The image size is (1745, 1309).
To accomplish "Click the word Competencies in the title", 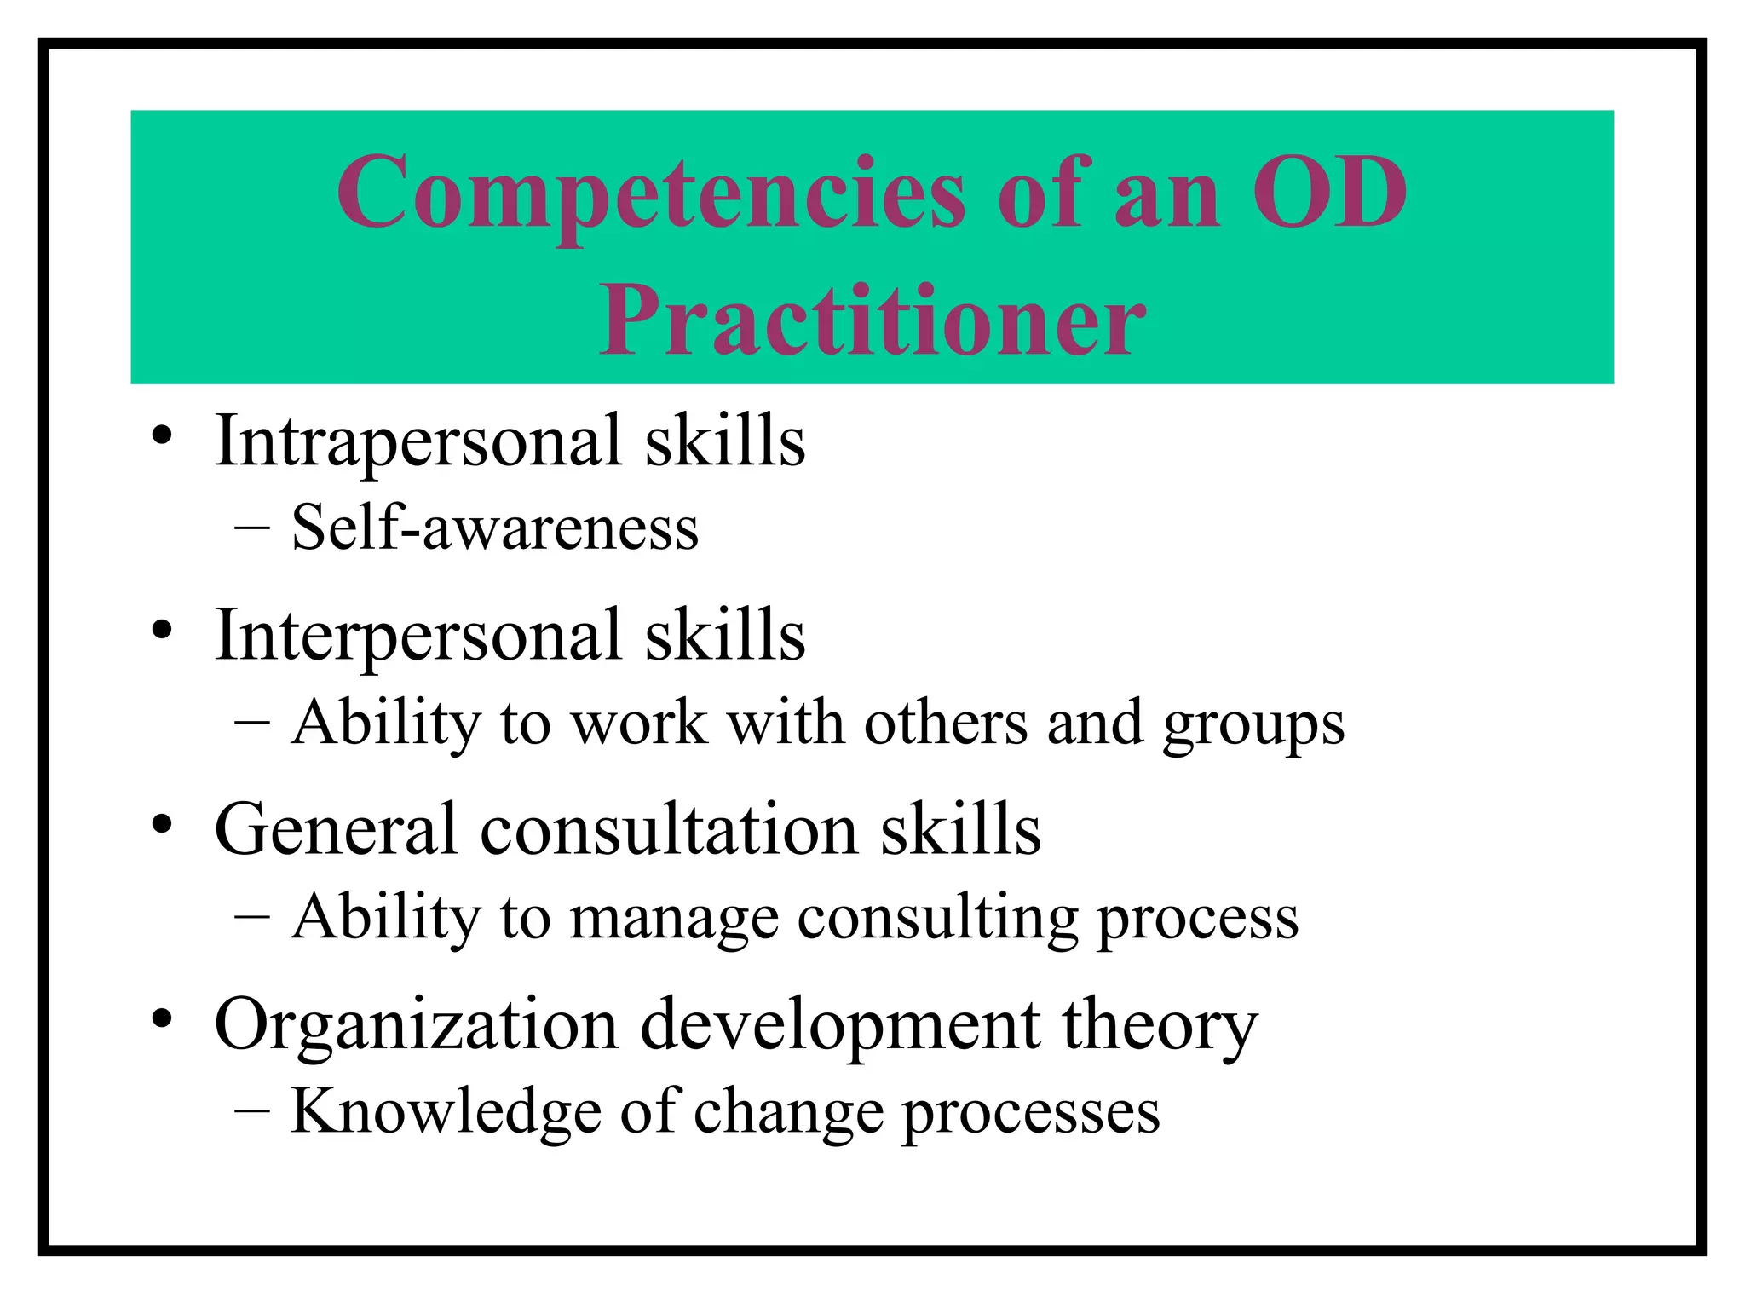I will pyautogui.click(x=651, y=194).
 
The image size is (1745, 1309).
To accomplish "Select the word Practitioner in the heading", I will pyautogui.click(x=872, y=322).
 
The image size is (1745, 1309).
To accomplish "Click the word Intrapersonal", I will pyautogui.click(x=418, y=441).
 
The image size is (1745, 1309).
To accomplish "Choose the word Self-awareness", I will pyautogui.click(x=494, y=528).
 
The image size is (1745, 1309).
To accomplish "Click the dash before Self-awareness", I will pyautogui.click(x=252, y=528).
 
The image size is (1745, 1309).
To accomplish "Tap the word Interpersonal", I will pyautogui.click(x=418, y=636).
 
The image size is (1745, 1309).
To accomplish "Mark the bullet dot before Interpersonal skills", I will pyautogui.click(x=162, y=631).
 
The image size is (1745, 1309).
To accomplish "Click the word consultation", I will pyautogui.click(x=669, y=830).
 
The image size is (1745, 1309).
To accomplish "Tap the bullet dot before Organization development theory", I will pyautogui.click(x=162, y=1020).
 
